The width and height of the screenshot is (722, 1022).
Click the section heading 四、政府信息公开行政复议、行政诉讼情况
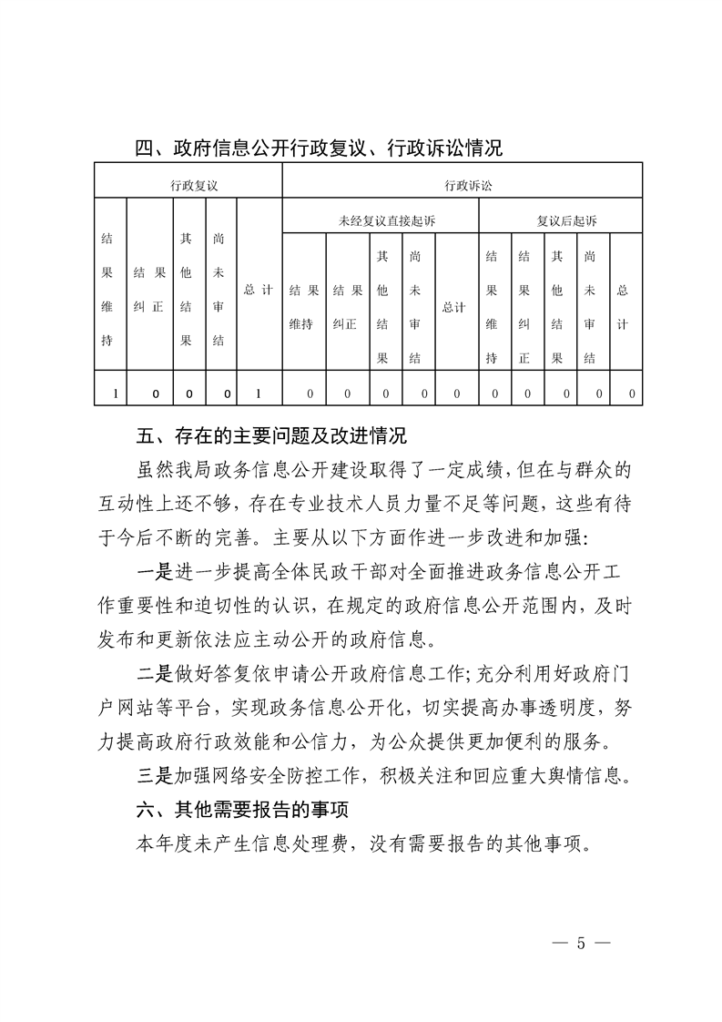318,148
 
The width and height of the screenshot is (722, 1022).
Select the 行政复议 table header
194,185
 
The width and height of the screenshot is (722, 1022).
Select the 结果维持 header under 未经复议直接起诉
305,307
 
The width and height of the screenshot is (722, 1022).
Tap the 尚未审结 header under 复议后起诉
592,307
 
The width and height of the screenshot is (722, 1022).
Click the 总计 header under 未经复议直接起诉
453,307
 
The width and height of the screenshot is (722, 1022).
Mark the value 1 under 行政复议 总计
259,393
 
